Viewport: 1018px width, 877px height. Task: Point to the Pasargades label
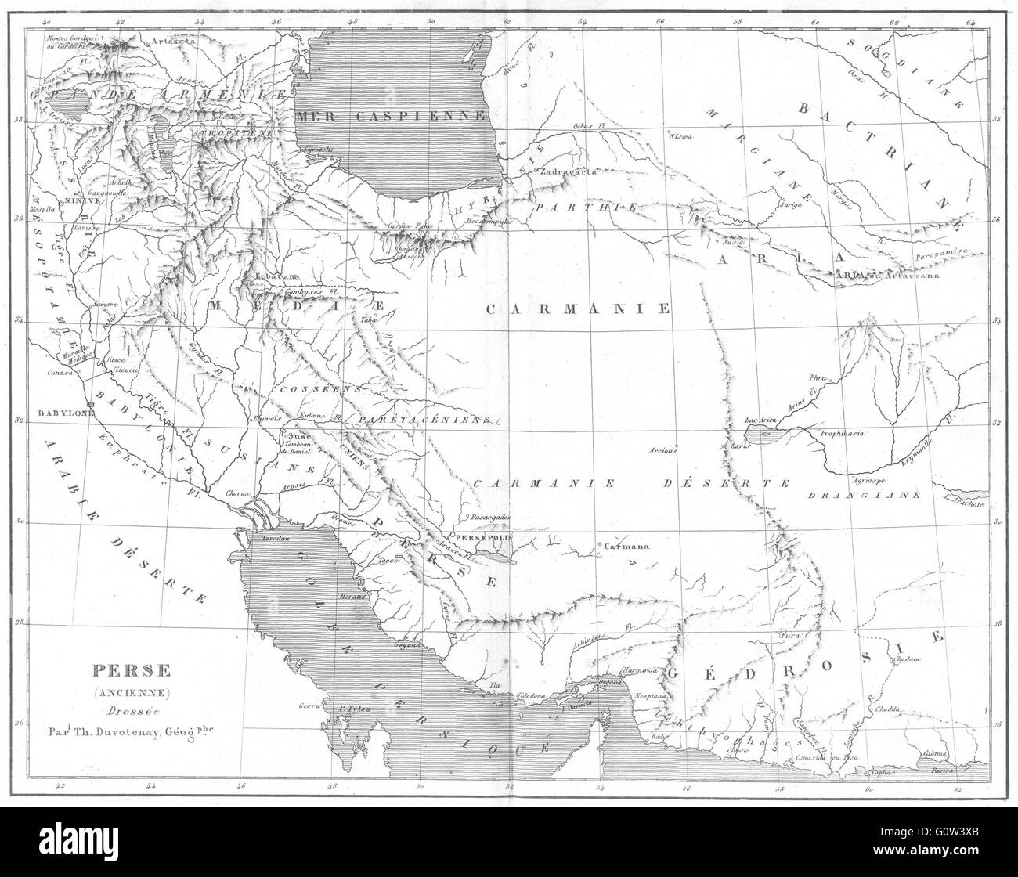[491, 518]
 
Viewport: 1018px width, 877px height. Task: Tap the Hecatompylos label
[489, 222]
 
